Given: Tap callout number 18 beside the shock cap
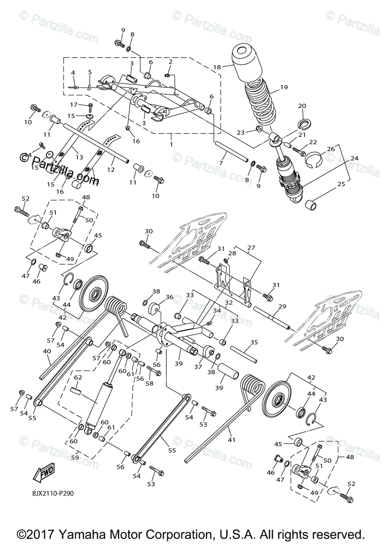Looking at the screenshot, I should tap(217, 67).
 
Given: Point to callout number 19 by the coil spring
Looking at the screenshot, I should tap(284, 87).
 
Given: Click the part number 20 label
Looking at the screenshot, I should tap(302, 106).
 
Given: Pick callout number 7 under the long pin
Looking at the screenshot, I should tap(221, 163).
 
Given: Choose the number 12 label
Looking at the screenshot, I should tap(111, 169).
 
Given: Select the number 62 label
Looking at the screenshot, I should tap(78, 377).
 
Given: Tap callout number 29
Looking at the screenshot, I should tap(282, 307).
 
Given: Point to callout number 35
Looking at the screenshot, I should tap(254, 343).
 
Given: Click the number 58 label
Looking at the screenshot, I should tap(149, 383).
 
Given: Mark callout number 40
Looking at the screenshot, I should tap(47, 351).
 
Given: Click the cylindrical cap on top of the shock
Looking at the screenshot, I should tap(247, 63).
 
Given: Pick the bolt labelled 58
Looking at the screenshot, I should tap(155, 373).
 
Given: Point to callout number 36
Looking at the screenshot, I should tap(169, 297).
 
